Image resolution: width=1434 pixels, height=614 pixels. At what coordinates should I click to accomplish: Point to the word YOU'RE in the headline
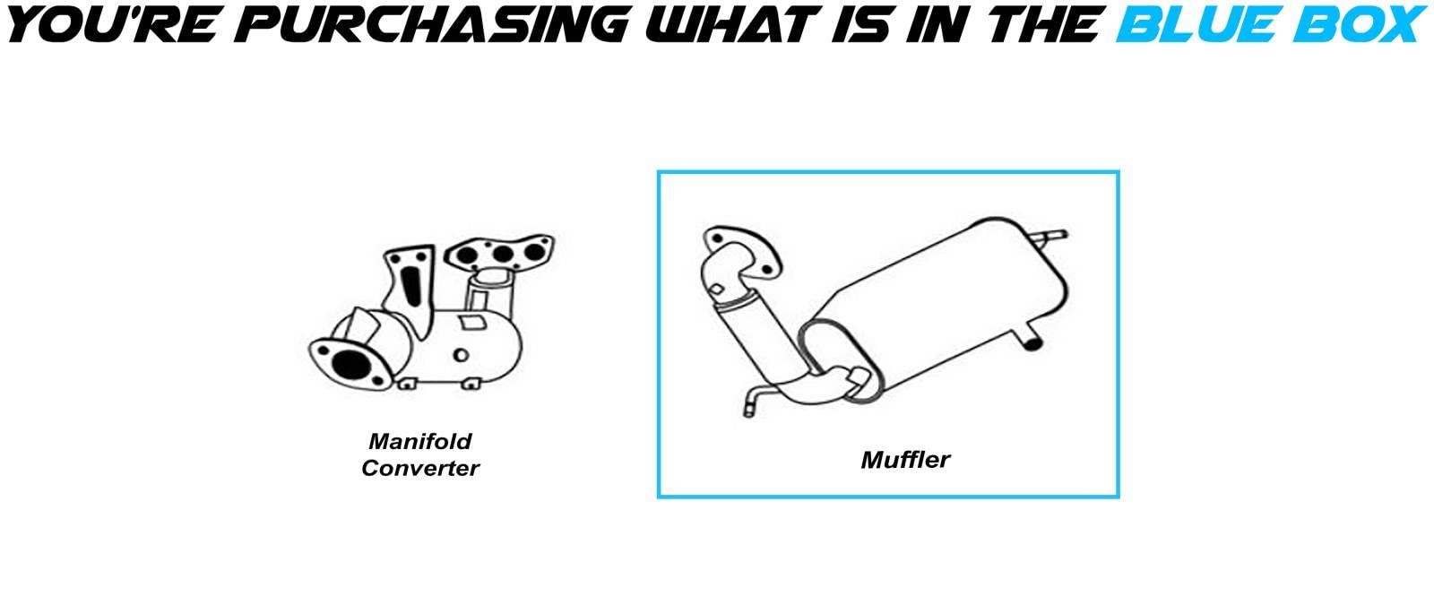112,25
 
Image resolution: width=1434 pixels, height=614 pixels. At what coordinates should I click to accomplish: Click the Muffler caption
905,460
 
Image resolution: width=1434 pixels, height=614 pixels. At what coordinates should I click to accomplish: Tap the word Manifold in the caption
419,441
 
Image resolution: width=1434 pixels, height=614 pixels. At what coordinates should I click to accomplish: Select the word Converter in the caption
419,468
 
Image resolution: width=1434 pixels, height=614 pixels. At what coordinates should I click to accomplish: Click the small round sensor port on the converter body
461,356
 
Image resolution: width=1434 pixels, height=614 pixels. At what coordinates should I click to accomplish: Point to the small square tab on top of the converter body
468,320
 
